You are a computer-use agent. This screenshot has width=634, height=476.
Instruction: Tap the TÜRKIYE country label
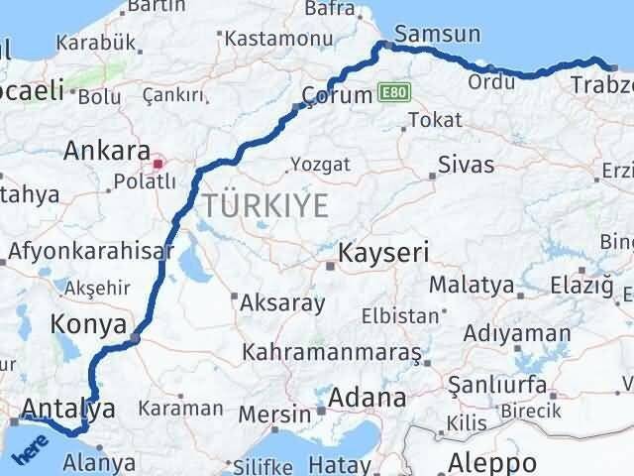click(264, 206)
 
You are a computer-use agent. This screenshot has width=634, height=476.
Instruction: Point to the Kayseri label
click(383, 253)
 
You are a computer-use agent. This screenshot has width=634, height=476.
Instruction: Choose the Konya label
click(89, 324)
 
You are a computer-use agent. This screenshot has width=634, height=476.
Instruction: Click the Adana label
click(369, 399)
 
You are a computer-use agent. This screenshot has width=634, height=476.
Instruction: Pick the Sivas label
click(466, 165)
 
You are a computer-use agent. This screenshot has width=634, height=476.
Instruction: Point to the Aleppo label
click(492, 462)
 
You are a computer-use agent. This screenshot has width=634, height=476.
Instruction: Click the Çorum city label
click(338, 94)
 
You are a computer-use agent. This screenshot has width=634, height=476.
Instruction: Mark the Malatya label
click(472, 287)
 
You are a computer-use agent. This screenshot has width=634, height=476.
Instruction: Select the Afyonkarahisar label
click(85, 251)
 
